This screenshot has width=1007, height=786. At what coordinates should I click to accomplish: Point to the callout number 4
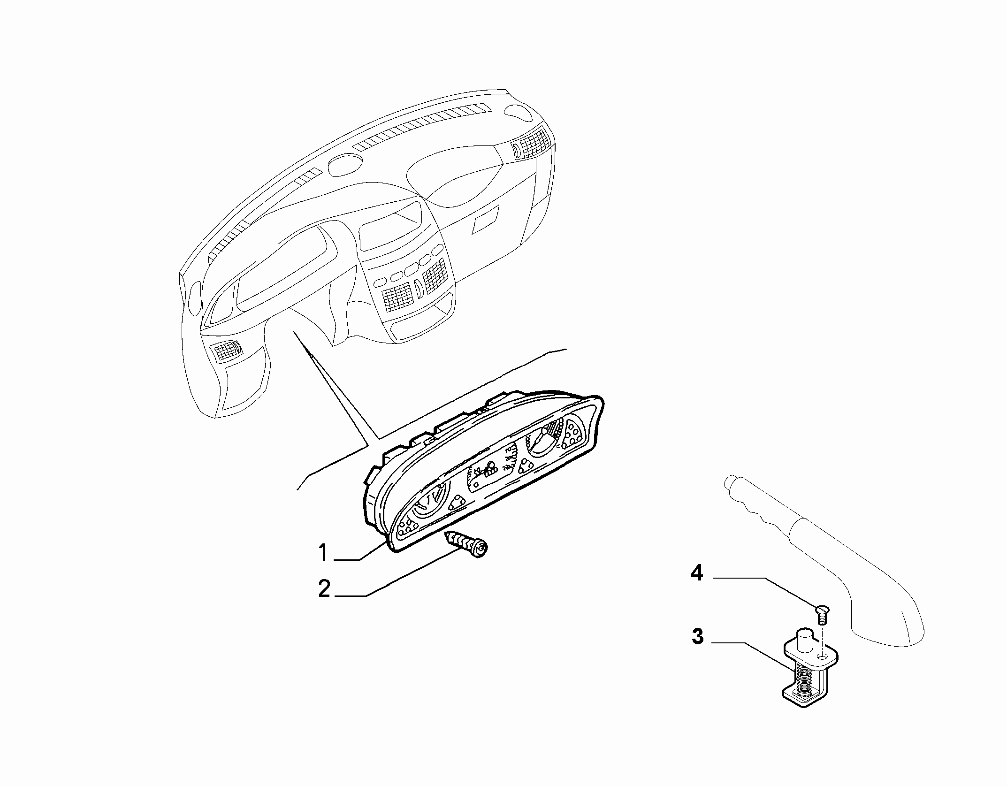696,573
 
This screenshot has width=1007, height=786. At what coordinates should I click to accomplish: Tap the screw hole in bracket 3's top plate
822,655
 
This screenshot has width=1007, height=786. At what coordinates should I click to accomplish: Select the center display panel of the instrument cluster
490,469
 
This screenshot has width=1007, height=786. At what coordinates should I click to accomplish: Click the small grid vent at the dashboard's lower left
226,350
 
